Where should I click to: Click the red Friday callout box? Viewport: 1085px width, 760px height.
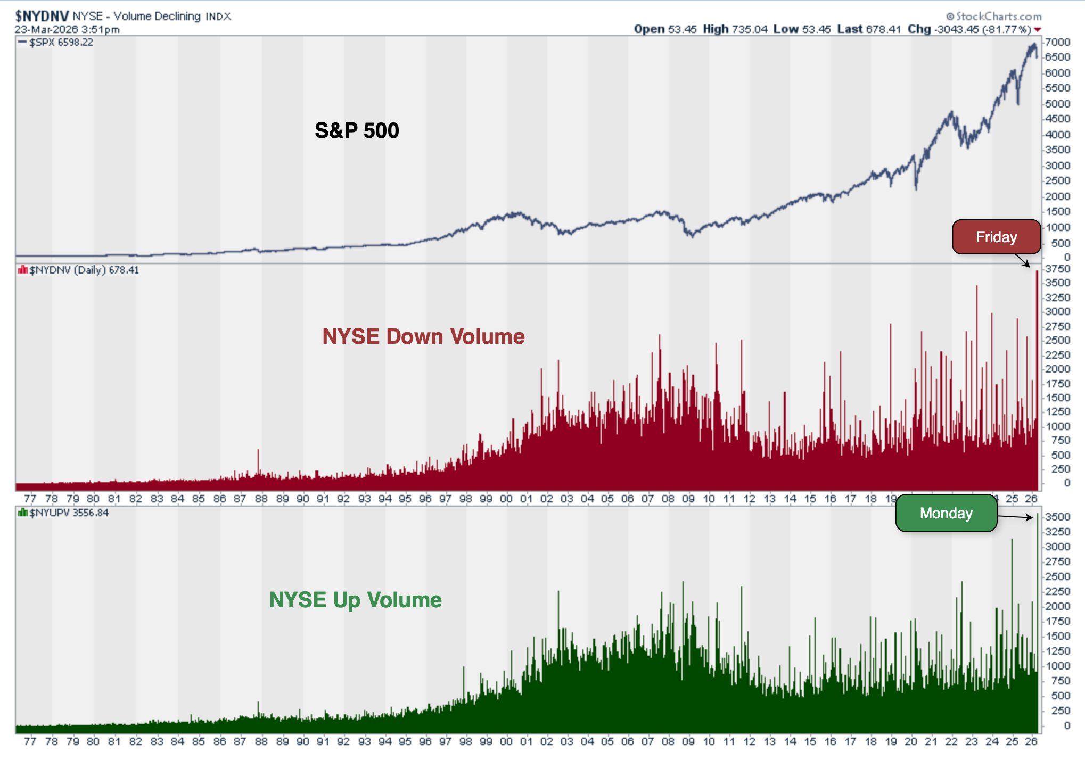pyautogui.click(x=996, y=237)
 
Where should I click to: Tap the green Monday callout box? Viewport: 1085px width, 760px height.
pyautogui.click(x=946, y=513)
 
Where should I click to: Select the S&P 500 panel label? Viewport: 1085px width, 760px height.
pyautogui.click(x=357, y=130)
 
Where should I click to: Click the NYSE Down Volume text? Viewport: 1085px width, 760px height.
pyautogui.click(x=423, y=336)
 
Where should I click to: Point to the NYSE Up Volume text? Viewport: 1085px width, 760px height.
pyautogui.click(x=355, y=600)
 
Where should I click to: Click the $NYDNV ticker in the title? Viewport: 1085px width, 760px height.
pyautogui.click(x=42, y=16)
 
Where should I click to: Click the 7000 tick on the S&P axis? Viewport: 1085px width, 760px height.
pyautogui.click(x=1057, y=42)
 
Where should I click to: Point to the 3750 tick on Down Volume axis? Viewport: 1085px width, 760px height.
pyautogui.click(x=1057, y=269)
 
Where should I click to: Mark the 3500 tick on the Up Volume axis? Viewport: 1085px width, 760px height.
pyautogui.click(x=1057, y=517)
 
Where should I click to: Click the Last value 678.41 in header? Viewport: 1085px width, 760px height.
pyautogui.click(x=883, y=29)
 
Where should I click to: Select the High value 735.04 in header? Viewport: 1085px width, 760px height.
pyautogui.click(x=749, y=29)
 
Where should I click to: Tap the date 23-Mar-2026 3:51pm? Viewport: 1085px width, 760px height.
pyautogui.click(x=67, y=29)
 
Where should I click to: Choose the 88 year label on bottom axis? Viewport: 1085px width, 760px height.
pyautogui.click(x=261, y=741)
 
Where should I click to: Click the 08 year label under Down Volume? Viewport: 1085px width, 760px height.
pyautogui.click(x=668, y=499)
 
